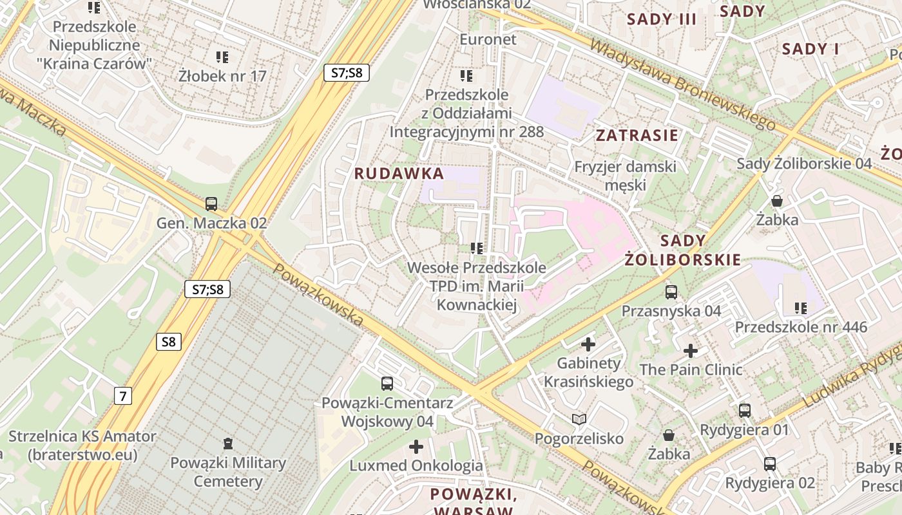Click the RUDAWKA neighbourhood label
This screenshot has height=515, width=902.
pyautogui.click(x=399, y=173)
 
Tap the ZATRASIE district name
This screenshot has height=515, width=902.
pyautogui.click(x=637, y=135)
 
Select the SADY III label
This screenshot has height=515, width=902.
pyautogui.click(x=662, y=19)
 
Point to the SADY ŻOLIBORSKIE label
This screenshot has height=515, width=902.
pyautogui.click(x=682, y=250)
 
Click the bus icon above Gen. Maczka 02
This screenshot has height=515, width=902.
pyautogui.click(x=211, y=204)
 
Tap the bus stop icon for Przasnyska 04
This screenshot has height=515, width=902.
pyautogui.click(x=671, y=292)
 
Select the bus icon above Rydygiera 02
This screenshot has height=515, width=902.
pyautogui.click(x=769, y=464)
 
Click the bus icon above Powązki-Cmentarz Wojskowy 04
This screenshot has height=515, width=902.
pyautogui.click(x=387, y=384)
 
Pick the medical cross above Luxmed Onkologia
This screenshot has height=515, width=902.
pyautogui.click(x=416, y=446)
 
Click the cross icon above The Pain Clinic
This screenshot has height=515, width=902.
pyautogui.click(x=691, y=351)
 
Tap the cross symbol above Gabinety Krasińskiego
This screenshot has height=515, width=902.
pyautogui.click(x=588, y=344)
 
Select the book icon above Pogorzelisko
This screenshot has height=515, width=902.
pyautogui.click(x=579, y=420)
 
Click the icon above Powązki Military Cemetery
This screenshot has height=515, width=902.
pyautogui.click(x=227, y=443)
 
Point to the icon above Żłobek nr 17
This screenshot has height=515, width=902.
pyautogui.click(x=222, y=57)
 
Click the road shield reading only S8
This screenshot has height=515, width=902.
pyautogui.click(x=168, y=341)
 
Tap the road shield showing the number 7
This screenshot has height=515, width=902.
pyautogui.click(x=122, y=395)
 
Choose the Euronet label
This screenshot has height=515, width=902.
pyautogui.click(x=488, y=39)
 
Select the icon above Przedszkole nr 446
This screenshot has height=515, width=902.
pyautogui.click(x=801, y=308)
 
